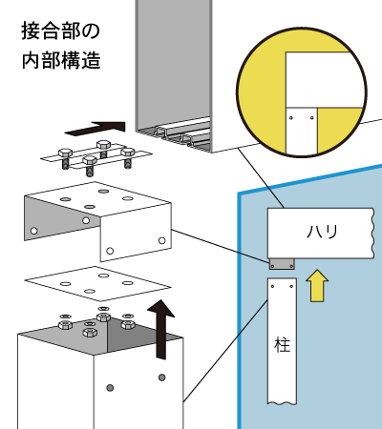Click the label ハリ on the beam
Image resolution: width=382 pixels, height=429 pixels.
(322, 232)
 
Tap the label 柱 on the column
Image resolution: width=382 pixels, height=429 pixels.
(283, 345)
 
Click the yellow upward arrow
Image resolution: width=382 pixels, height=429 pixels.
(317, 285)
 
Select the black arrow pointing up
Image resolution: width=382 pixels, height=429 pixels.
(161, 329)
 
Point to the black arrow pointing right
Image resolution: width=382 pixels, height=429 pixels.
(95, 128)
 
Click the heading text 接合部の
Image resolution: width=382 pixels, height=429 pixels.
(61, 31)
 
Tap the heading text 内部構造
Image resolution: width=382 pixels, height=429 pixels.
(61, 60)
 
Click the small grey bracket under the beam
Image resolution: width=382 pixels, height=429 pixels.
(282, 264)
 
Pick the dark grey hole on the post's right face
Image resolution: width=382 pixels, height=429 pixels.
(162, 378)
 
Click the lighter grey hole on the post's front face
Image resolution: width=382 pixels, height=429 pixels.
(110, 388)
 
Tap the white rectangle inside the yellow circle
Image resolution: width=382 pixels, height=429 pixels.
(325, 79)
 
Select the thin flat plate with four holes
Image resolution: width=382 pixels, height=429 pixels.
(97, 283)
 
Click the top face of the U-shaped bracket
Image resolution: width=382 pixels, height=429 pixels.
(97, 199)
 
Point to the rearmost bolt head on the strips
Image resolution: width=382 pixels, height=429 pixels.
(104, 145)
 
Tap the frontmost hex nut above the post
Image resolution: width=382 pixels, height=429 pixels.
(90, 332)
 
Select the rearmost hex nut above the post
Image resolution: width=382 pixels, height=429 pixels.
(104, 317)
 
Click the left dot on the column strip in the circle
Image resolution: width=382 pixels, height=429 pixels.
(291, 118)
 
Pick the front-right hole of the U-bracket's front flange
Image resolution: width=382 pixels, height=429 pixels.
(162, 240)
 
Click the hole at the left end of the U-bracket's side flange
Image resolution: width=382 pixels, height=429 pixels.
(33, 231)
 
